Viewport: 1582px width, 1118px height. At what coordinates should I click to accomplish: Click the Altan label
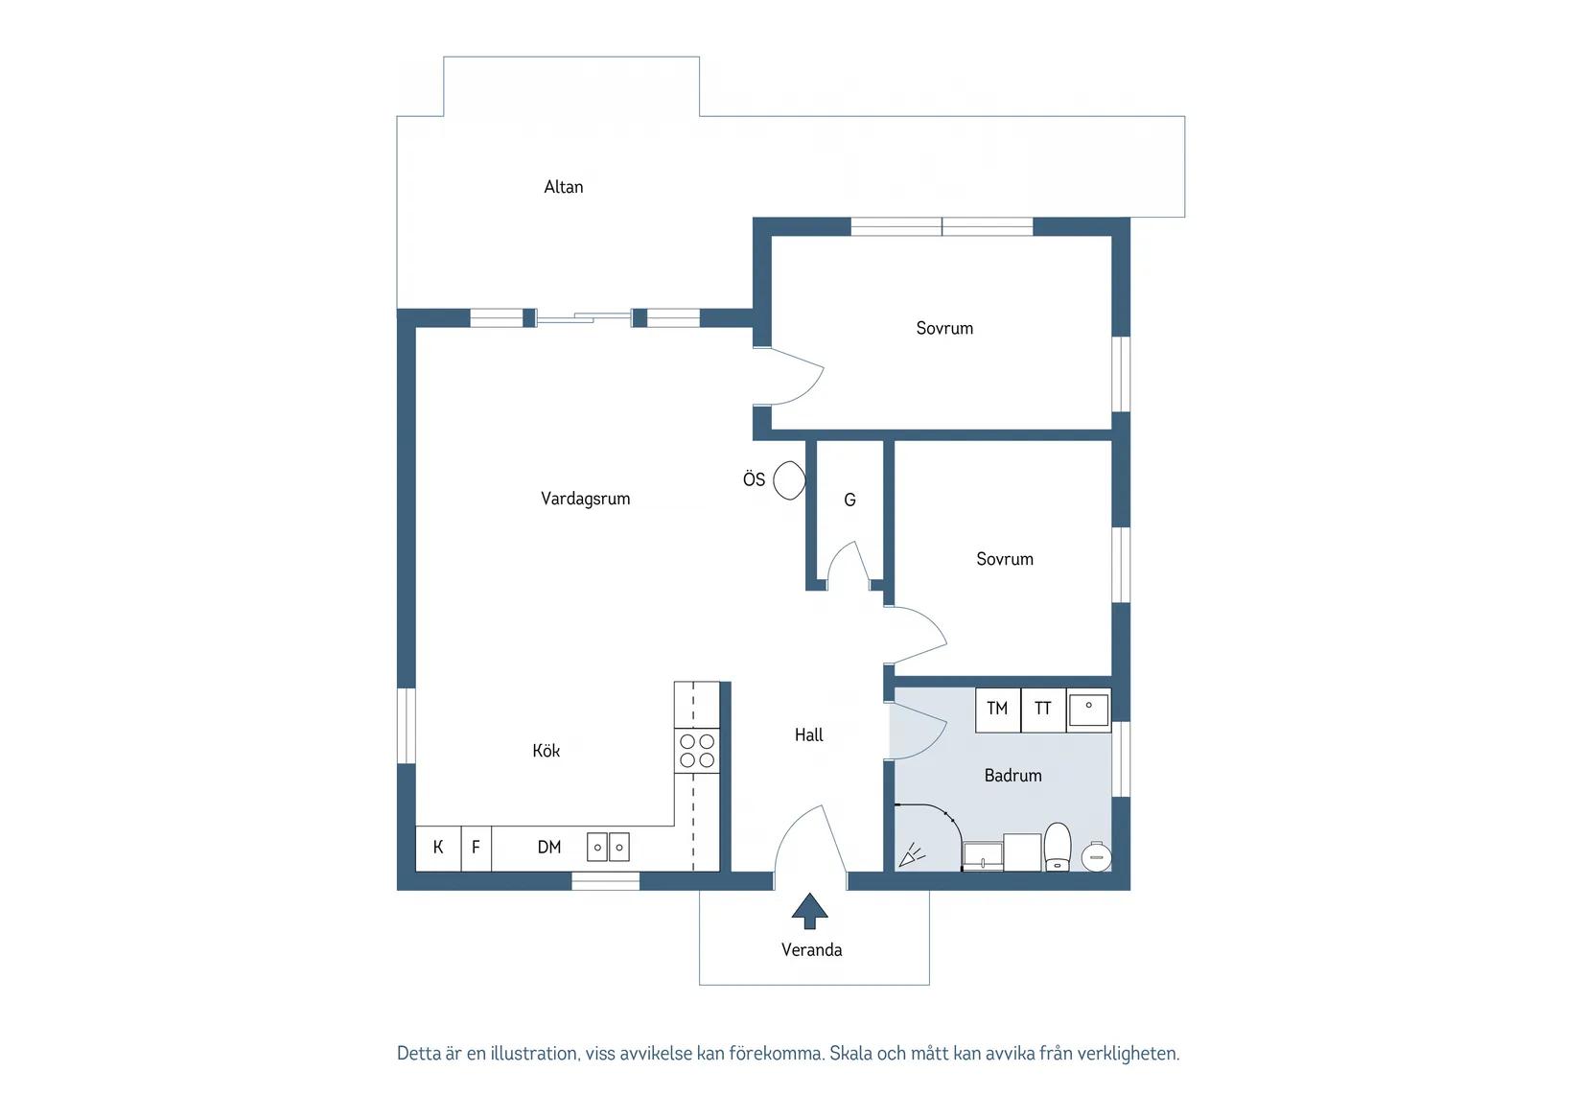click(564, 187)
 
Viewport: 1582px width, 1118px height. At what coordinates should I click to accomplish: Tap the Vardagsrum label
click(586, 499)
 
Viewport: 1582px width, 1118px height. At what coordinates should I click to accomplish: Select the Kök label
click(546, 750)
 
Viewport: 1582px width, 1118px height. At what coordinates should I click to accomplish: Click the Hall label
click(808, 735)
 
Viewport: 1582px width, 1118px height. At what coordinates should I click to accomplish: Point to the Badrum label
click(1012, 776)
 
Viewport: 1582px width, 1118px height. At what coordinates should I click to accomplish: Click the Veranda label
click(811, 950)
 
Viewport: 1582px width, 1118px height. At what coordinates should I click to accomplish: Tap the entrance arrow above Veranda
click(809, 911)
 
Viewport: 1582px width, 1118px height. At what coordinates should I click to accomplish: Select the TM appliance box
click(998, 710)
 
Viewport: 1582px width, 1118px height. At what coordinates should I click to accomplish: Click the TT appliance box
click(1044, 710)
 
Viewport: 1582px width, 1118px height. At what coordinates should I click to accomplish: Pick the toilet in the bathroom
click(1058, 847)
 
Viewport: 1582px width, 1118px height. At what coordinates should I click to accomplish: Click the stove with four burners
click(697, 751)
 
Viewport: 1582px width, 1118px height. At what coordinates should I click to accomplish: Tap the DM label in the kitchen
click(549, 847)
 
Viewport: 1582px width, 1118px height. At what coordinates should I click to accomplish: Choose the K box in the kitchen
click(438, 849)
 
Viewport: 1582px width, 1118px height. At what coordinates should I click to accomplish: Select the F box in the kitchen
click(477, 849)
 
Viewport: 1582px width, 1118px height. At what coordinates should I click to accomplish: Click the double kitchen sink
click(608, 847)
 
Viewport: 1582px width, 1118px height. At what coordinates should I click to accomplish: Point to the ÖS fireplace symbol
click(790, 480)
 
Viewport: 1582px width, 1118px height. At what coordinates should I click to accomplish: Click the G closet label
click(850, 500)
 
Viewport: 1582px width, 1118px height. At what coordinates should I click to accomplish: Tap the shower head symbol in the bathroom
click(912, 855)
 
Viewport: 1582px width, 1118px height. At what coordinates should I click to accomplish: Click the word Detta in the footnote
click(419, 1053)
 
